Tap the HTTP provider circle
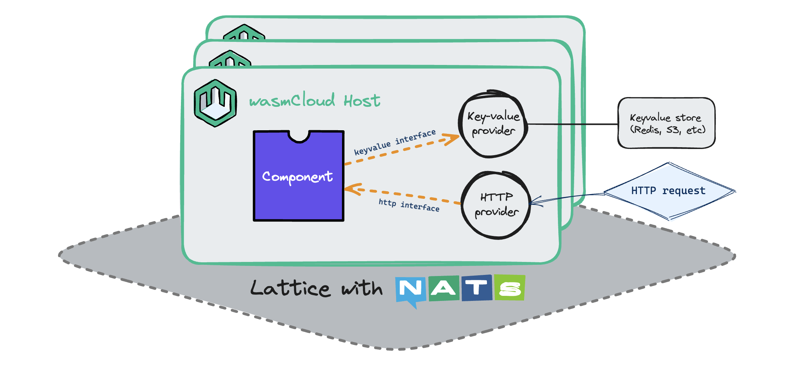tap(496, 205)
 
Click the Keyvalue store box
tap(666, 123)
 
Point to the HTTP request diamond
tap(669, 191)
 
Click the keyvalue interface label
tap(395, 142)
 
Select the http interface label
tap(409, 205)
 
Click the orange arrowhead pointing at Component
tap(351, 189)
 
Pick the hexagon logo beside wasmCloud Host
tap(215, 103)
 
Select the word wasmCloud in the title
tap(292, 100)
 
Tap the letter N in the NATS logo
tap(410, 289)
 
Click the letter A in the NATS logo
tap(443, 288)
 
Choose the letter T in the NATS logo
tap(476, 288)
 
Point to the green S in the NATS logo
tap(510, 288)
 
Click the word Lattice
tap(290, 289)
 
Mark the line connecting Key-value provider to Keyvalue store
tap(573, 124)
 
